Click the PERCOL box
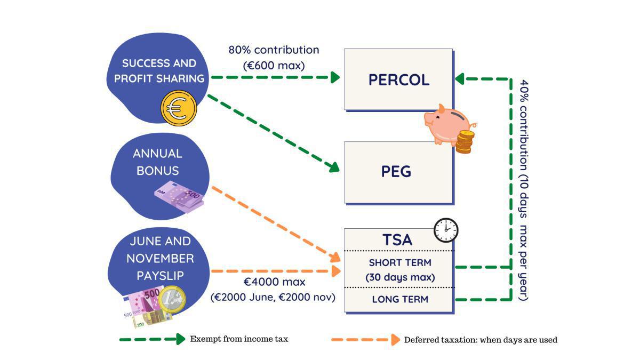click(398, 80)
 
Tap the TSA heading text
click(397, 240)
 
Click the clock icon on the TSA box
click(445, 230)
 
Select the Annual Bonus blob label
click(157, 162)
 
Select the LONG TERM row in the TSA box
click(399, 299)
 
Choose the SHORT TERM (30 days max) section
click(399, 270)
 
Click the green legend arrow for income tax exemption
click(152, 339)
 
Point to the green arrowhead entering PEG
click(334, 167)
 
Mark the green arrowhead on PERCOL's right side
click(460, 79)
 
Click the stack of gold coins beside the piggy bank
click(465, 142)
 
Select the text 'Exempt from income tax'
click(239, 339)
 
